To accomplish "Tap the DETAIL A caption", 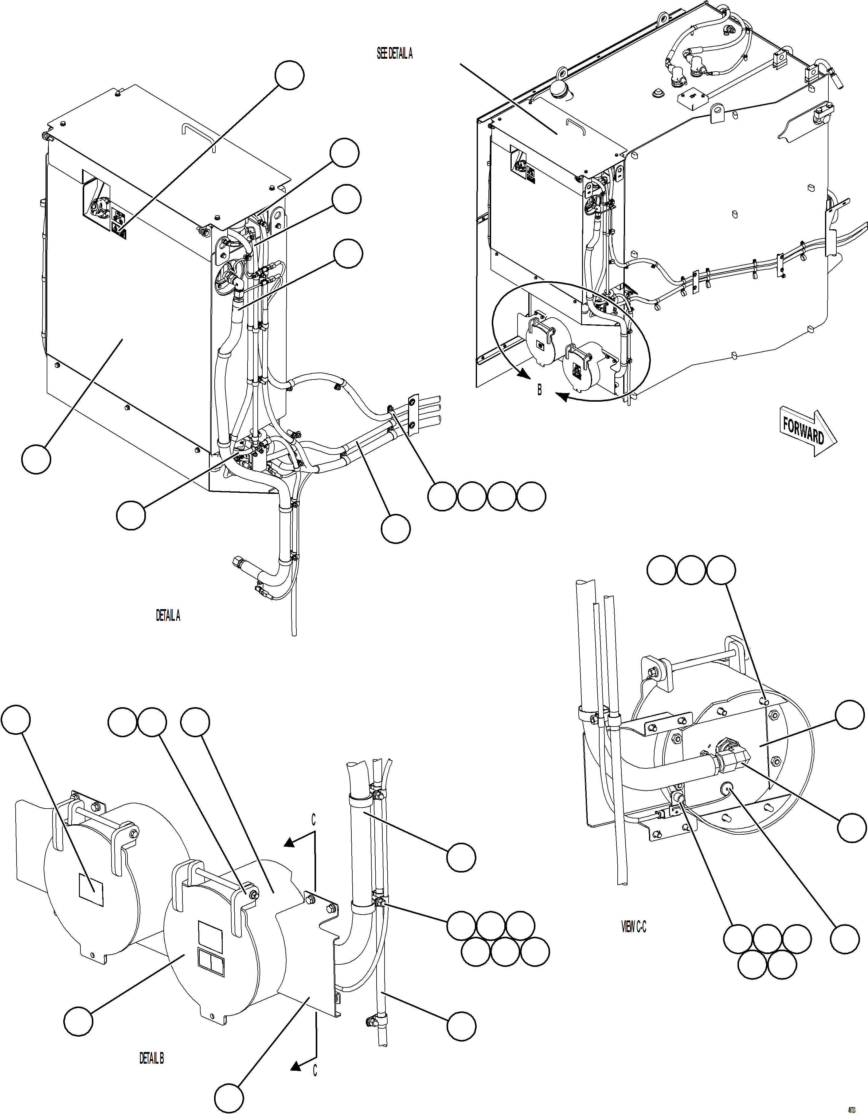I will click(168, 616).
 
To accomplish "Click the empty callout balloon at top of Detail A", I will click(289, 75).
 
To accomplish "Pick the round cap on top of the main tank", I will click(560, 90).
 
